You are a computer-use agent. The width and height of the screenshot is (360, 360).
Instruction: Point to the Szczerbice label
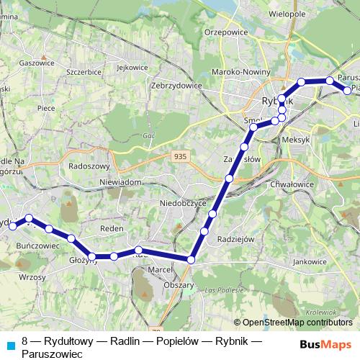point(83,73)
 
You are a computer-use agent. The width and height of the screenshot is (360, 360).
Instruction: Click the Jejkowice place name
point(132,68)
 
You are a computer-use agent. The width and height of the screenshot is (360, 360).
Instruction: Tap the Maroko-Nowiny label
point(240,71)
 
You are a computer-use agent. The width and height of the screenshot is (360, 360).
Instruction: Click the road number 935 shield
point(179,156)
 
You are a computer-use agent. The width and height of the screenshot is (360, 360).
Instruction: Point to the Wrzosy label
point(32,276)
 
